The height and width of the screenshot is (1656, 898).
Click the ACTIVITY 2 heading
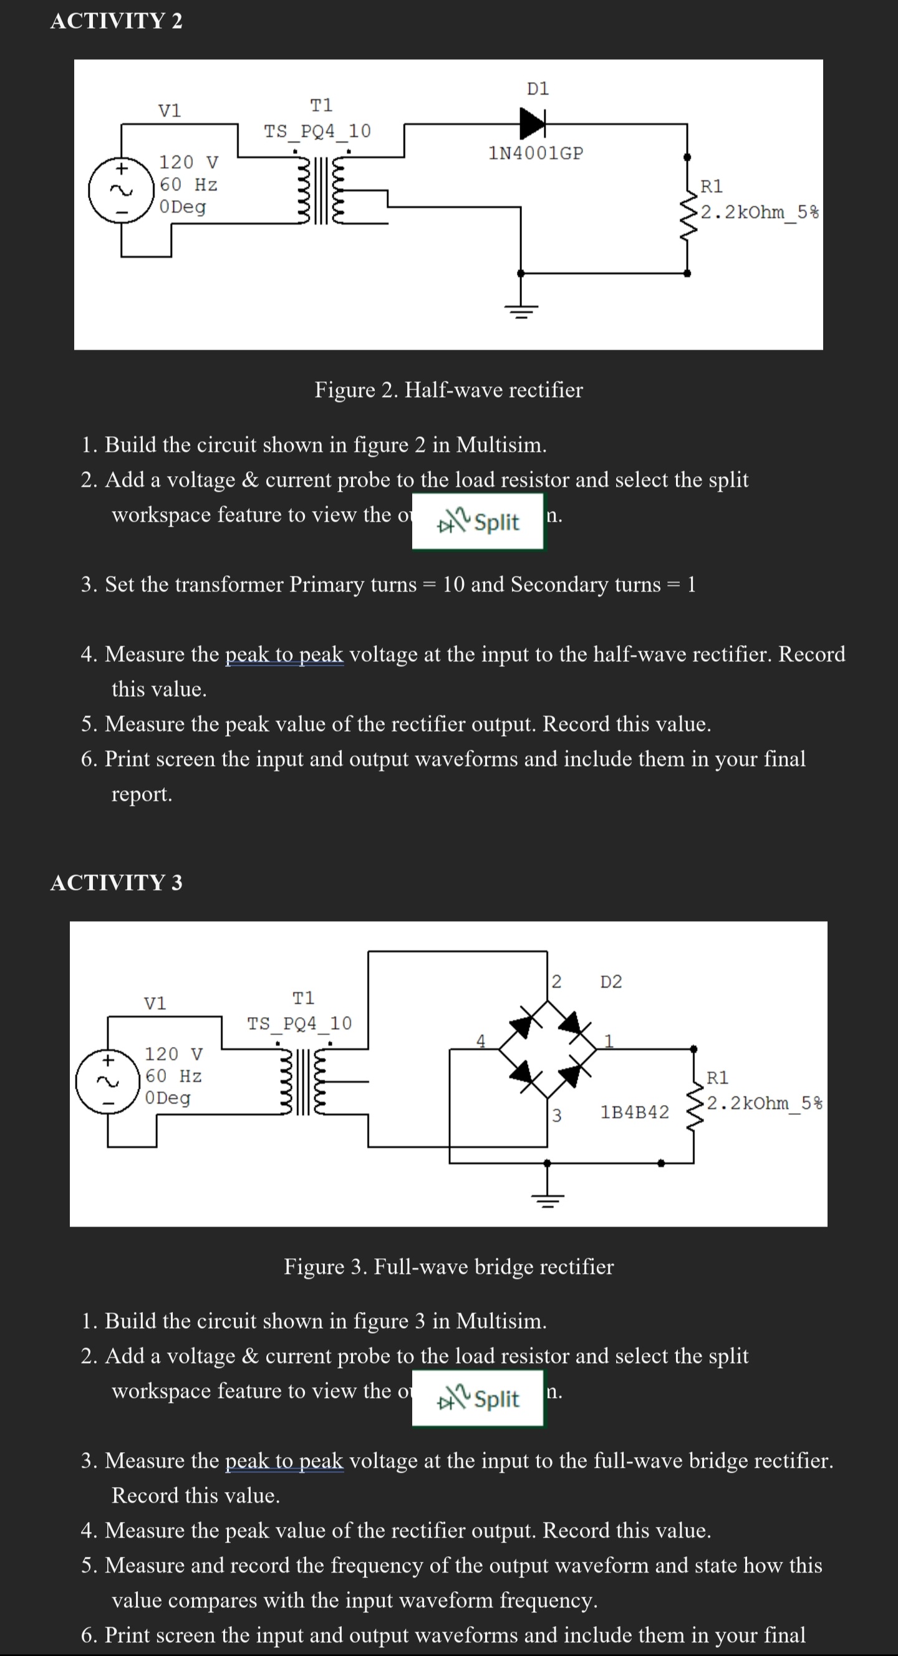click(x=117, y=21)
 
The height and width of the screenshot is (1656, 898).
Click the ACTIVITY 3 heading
click(x=117, y=883)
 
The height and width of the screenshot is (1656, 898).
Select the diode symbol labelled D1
click(x=533, y=122)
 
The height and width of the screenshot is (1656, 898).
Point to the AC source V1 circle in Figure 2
click(x=121, y=190)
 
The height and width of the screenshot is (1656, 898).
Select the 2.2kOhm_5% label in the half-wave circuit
click(x=760, y=212)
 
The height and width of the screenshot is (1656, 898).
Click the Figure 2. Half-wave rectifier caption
click(x=448, y=390)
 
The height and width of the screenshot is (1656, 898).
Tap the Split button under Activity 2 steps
click(x=478, y=522)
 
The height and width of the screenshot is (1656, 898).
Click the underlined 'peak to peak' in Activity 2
click(x=284, y=654)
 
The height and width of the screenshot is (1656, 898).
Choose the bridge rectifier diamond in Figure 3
click(x=548, y=1048)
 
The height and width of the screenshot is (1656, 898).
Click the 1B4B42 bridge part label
click(x=634, y=1112)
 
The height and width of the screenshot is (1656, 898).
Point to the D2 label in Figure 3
click(x=611, y=982)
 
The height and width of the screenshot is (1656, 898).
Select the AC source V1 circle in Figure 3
click(x=107, y=1081)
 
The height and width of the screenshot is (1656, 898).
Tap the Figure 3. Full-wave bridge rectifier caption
click(x=448, y=1267)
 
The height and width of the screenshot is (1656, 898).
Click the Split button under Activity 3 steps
click(x=478, y=1399)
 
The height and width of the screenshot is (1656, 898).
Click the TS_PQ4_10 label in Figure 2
click(x=318, y=132)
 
